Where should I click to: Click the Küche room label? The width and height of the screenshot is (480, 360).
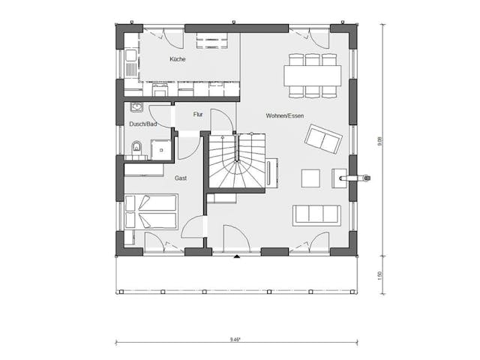click(x=177, y=59)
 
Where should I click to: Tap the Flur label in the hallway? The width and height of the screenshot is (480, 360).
click(x=198, y=115)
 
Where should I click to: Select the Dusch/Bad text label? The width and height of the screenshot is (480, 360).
click(x=142, y=124)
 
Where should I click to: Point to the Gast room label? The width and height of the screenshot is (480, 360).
click(x=181, y=178)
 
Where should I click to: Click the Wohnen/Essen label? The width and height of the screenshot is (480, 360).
click(x=283, y=115)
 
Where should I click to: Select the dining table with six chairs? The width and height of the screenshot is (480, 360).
click(x=312, y=76)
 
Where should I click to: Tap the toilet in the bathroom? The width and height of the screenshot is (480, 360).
click(x=136, y=148)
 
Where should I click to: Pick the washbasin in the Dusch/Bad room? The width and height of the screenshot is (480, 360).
click(x=136, y=106)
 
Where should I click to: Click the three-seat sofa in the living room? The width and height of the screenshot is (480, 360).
click(x=317, y=214)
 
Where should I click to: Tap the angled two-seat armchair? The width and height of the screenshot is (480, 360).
click(x=322, y=139)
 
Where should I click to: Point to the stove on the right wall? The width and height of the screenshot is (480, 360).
click(x=354, y=178)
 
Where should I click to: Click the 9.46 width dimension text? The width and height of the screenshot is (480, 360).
click(x=235, y=340)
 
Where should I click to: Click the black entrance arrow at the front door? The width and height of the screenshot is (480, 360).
click(x=237, y=257)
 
